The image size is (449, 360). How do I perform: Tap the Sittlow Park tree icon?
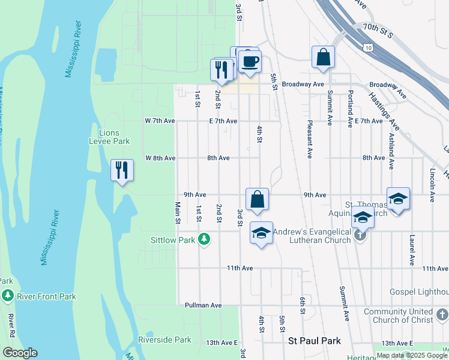[205, 240]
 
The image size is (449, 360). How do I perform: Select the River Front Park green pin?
[7, 296]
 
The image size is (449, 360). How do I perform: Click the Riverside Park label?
[164, 340]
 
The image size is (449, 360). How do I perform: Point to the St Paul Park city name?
[315, 341]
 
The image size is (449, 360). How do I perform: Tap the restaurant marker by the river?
[122, 170]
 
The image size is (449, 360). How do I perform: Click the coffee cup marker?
[250, 61]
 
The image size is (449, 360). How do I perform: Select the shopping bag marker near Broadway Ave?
[323, 58]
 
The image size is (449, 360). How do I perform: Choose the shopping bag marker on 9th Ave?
[257, 200]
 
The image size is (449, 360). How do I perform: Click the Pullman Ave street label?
[203, 305]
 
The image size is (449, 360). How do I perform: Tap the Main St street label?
[178, 213]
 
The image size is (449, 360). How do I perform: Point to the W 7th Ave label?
[160, 121]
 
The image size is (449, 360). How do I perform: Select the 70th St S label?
[376, 31]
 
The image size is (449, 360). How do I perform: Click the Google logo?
[19, 353]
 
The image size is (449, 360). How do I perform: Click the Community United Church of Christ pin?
[442, 314]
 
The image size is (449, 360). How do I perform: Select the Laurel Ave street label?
[412, 251]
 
